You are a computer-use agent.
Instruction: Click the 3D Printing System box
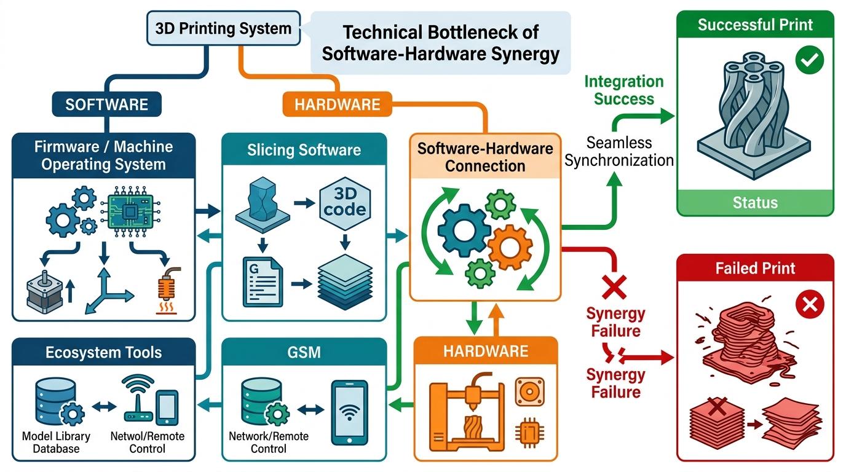click(224, 28)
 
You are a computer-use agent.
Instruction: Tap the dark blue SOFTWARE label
click(107, 104)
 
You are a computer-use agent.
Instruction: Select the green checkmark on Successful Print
click(810, 60)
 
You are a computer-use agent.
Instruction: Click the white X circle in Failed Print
click(810, 304)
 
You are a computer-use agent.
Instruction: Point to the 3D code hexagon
click(345, 203)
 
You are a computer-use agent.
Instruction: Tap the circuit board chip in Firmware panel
click(130, 211)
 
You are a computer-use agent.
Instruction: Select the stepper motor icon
click(45, 292)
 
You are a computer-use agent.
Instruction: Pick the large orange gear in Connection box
click(510, 248)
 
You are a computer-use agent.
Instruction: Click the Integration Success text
click(624, 90)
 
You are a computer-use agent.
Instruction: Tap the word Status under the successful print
click(756, 203)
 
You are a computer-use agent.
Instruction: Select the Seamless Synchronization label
click(619, 151)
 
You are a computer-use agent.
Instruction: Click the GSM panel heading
click(304, 352)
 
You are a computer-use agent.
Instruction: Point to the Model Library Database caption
click(57, 442)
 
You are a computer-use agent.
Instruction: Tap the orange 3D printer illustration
click(467, 412)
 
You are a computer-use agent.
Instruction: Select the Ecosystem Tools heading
click(103, 352)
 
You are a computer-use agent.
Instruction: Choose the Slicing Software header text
click(304, 150)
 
